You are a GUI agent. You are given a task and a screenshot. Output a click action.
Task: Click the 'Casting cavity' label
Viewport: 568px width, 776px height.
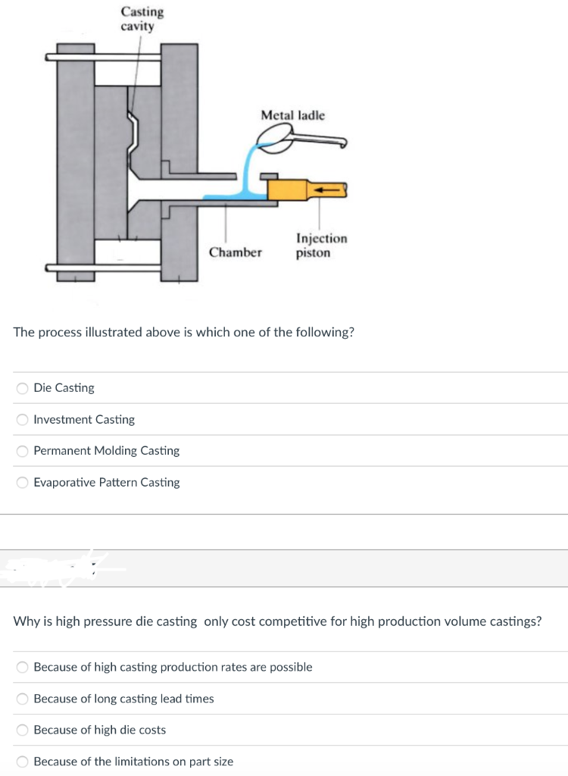142,19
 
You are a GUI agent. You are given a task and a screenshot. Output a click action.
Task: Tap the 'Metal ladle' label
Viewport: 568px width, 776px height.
292,115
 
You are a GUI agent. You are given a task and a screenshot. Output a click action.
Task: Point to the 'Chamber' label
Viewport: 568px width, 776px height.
236,252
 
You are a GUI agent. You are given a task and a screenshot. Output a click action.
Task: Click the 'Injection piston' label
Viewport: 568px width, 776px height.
321,246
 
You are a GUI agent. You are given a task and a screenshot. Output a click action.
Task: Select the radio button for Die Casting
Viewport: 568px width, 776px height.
23,388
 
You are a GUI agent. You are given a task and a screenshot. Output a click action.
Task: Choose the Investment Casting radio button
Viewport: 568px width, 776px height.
23,420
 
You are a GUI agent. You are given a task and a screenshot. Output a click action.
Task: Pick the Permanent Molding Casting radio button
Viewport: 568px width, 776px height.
23,451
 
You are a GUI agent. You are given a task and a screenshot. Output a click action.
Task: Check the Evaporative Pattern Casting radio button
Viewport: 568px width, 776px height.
23,483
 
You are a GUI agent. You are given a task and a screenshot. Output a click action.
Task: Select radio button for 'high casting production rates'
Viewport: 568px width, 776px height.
23,668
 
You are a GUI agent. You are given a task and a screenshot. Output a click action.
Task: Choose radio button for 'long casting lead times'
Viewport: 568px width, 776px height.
23,699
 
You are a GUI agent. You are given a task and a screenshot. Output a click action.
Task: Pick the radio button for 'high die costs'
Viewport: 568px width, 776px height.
23,731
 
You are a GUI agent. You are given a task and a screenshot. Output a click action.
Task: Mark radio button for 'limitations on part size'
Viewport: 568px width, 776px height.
23,762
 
